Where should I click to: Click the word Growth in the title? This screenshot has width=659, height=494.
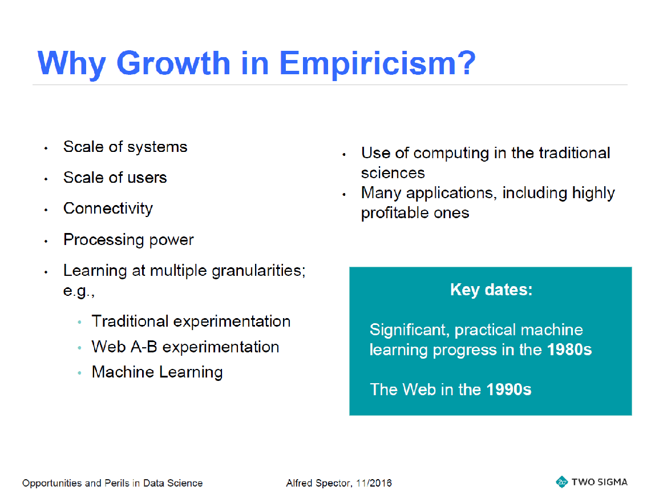coord(173,63)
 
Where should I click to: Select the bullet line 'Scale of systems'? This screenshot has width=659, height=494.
coord(126,147)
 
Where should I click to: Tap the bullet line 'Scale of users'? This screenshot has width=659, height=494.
coord(115,178)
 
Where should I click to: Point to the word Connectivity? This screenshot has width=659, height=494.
coord(108,208)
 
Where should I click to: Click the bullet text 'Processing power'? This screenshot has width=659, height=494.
coord(128,240)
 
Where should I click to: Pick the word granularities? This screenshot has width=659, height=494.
coord(258,271)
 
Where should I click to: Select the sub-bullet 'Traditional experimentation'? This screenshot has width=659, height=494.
coord(191,322)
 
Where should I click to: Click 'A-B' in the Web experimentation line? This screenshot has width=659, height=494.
coord(144,347)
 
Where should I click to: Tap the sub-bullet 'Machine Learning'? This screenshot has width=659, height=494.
coord(157,372)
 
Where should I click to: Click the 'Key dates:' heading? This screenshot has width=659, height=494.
coord(491,290)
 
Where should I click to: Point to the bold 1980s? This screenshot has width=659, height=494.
coord(569,350)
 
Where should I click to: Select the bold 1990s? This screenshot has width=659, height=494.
coord(509,389)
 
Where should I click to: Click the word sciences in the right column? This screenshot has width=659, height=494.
coord(393,173)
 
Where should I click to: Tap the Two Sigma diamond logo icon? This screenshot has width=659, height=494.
coord(561,482)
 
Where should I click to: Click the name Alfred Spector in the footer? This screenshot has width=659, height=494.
coord(318,483)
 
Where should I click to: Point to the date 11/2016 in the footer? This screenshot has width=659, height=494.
coord(374,483)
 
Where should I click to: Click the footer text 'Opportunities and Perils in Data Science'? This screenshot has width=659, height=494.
coord(112,483)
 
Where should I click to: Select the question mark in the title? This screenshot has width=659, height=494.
coord(467,63)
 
